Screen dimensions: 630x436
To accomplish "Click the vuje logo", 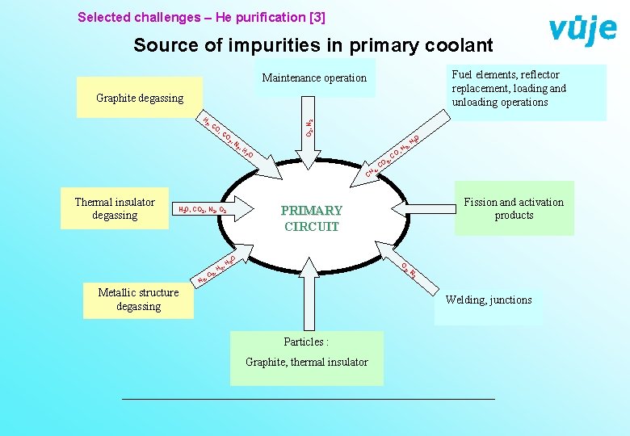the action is [x=582, y=29].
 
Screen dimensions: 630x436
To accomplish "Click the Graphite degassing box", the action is [x=139, y=99].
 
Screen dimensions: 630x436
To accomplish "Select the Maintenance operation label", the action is [x=314, y=78].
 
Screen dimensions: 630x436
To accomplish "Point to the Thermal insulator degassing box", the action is [x=115, y=209].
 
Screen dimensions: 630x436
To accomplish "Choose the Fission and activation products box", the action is [x=514, y=209].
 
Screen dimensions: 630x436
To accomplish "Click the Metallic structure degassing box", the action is [x=138, y=300].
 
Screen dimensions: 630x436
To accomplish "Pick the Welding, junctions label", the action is [x=489, y=300].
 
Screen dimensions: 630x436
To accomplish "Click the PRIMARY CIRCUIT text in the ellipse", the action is [x=312, y=219].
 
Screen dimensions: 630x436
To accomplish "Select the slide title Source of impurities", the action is [x=313, y=45].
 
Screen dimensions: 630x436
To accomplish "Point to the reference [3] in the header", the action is [x=315, y=16].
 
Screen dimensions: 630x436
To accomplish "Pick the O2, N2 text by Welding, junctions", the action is [x=409, y=270].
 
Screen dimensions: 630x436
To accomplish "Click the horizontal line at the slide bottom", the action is [x=307, y=399].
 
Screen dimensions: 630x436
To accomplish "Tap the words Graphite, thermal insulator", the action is [x=306, y=362].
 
